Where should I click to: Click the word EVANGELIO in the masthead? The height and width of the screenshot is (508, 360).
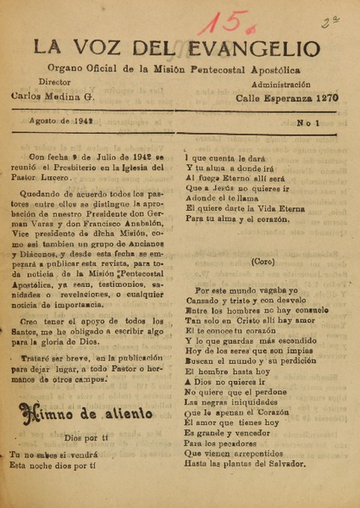pyautogui.click(x=245, y=49)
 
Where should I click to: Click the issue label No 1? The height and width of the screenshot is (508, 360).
pyautogui.click(x=307, y=124)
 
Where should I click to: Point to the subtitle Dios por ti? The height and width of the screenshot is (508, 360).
pyautogui.click(x=86, y=438)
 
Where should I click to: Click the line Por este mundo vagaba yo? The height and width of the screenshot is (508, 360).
pyautogui.click(x=241, y=290)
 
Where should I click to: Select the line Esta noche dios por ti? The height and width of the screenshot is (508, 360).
pyautogui.click(x=53, y=465)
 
